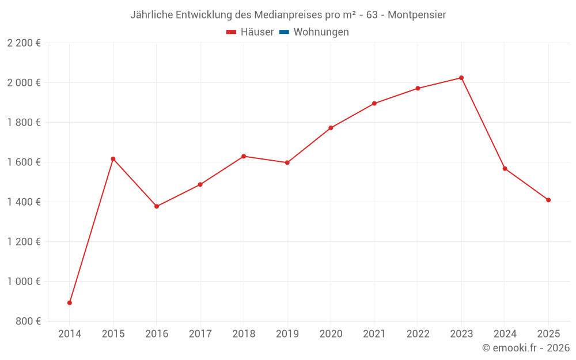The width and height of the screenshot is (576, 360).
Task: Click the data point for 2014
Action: pyautogui.click(x=70, y=303)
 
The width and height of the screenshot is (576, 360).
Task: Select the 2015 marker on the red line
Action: pyautogui.click(x=113, y=159)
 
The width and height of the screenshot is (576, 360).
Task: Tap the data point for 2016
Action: pyautogui.click(x=157, y=206)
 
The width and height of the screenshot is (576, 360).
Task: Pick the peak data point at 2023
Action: pyautogui.click(x=461, y=78)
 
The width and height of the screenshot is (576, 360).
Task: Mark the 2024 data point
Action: pyautogui.click(x=505, y=169)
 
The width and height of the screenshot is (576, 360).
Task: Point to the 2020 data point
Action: pyautogui.click(x=331, y=128)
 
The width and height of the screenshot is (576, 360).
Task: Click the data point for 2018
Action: pyautogui.click(x=244, y=156)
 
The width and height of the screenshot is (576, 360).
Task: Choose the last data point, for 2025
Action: pyautogui.click(x=548, y=200)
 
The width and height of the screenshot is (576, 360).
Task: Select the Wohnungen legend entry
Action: pyautogui.click(x=321, y=32)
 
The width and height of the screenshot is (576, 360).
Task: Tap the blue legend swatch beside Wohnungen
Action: pyautogui.click(x=284, y=32)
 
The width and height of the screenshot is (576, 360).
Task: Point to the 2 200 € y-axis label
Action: pyautogui.click(x=24, y=43)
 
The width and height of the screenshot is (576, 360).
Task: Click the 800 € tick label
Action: pyautogui.click(x=28, y=321)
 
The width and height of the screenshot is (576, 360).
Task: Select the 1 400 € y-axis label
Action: pyautogui.click(x=24, y=202)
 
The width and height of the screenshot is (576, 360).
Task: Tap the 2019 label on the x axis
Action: pyautogui.click(x=287, y=334)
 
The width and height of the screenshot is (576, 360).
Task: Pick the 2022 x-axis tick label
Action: pyautogui.click(x=418, y=334)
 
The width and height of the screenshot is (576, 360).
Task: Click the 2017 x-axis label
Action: pyautogui.click(x=200, y=334)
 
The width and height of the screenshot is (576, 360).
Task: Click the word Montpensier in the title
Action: pyautogui.click(x=416, y=15)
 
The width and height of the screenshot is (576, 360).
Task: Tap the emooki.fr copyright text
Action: pyautogui.click(x=526, y=348)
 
